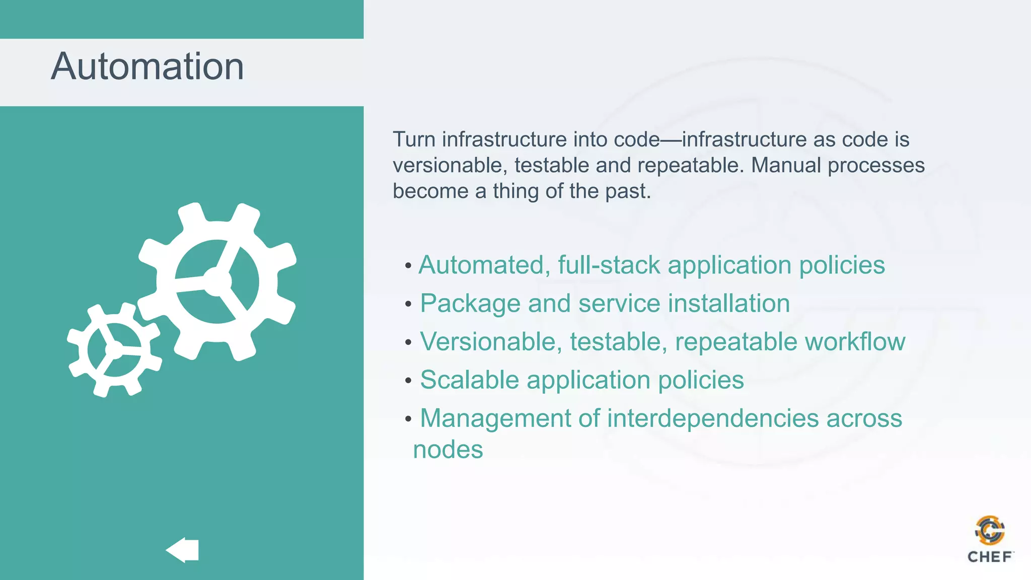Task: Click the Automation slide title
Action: coord(148,66)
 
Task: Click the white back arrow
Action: coord(183,550)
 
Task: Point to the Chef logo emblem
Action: coord(990,531)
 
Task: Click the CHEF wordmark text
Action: coord(990,557)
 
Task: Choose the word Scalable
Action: coord(469,380)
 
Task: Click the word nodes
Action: coord(448,450)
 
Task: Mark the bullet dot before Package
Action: coord(408,304)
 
